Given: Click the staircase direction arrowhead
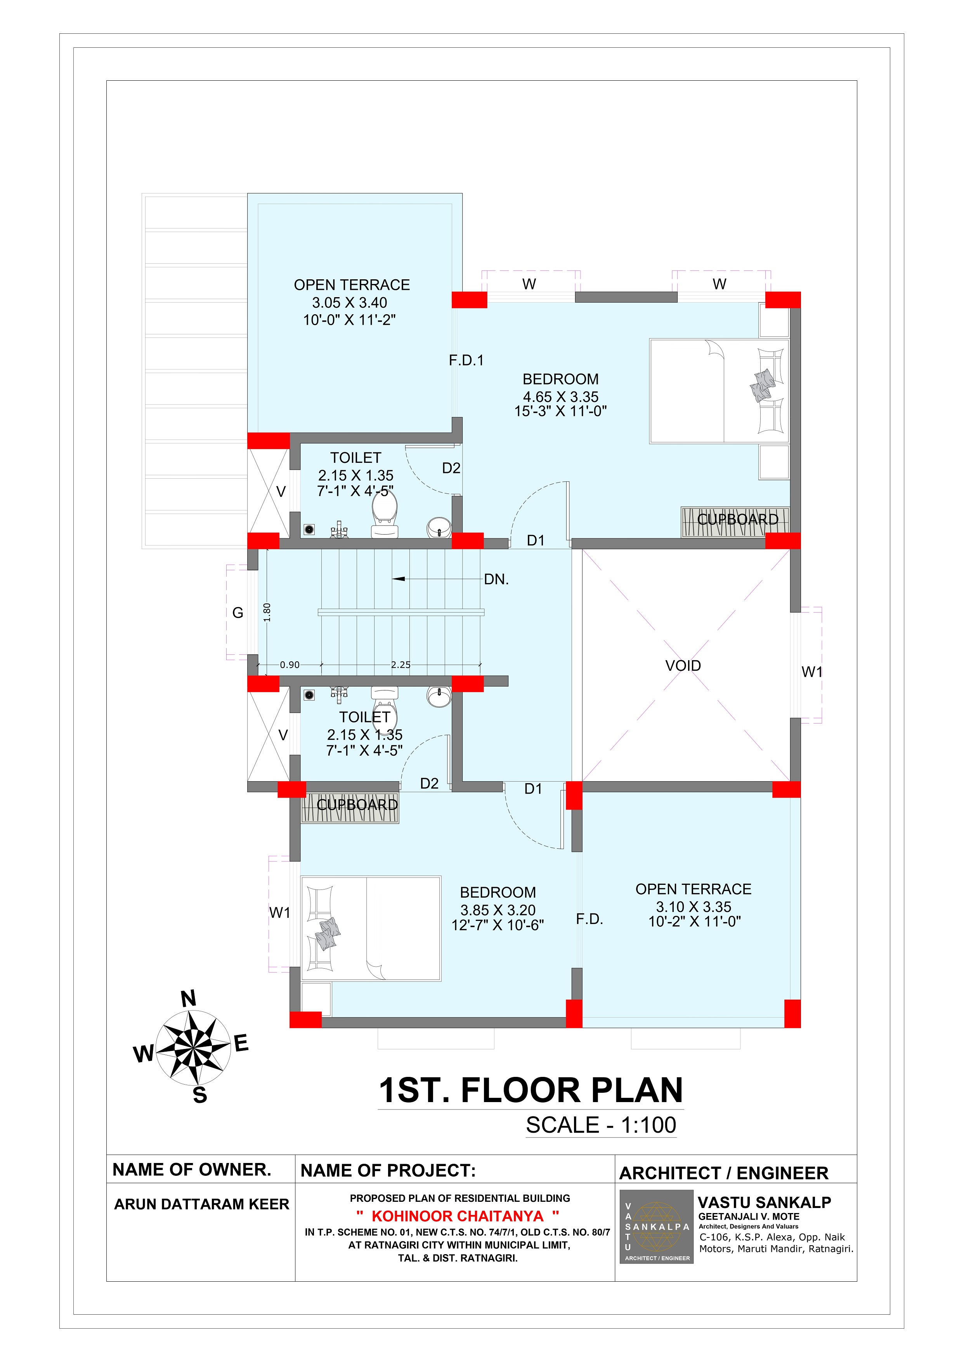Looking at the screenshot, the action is tap(398, 578).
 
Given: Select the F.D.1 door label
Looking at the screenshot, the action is tap(466, 360).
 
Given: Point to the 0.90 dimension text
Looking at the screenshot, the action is tap(290, 665).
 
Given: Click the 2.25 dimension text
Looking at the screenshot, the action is tap(401, 665).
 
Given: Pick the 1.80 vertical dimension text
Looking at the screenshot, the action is tap(267, 612).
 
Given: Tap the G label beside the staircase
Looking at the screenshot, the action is tap(238, 613).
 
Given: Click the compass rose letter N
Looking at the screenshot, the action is tap(188, 999).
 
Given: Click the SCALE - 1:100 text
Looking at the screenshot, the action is tap(601, 1125).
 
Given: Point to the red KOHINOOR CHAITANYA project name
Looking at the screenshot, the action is tap(458, 1216).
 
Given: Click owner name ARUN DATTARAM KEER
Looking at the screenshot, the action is tap(201, 1204).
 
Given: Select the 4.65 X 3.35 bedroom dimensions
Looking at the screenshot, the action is tap(560, 397).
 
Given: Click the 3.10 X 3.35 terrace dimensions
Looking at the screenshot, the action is tap(694, 907).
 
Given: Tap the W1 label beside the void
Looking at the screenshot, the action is tap(811, 672).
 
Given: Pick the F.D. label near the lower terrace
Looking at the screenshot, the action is tap(589, 919).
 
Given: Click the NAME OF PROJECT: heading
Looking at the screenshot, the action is tap(388, 1170).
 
